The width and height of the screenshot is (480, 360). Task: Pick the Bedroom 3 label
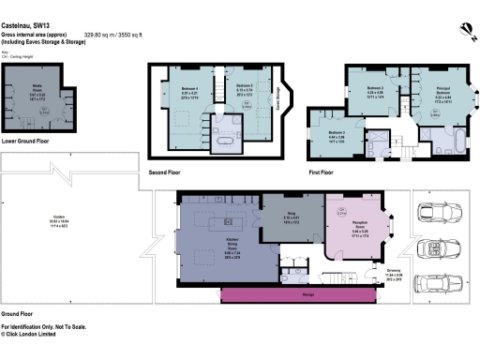pyautogui.click(x=337, y=135)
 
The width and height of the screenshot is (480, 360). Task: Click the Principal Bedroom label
pyautogui.click(x=415, y=92)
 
